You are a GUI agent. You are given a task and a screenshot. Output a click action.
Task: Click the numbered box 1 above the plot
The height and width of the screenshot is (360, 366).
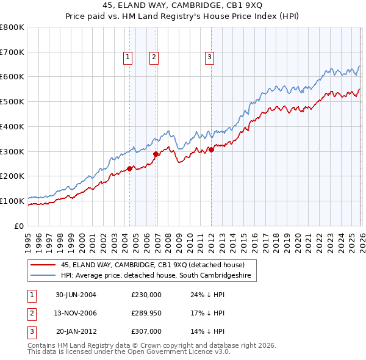coord(128,57)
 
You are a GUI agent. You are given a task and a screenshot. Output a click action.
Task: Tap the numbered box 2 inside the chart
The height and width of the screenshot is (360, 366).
coord(154,57)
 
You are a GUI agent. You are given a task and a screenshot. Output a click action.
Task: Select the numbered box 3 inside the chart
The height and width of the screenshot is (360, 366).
coord(209,57)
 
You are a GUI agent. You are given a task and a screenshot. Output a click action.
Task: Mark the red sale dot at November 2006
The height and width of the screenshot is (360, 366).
coord(156,154)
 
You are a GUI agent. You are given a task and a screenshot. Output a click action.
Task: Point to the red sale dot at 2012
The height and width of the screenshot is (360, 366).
coord(211,149)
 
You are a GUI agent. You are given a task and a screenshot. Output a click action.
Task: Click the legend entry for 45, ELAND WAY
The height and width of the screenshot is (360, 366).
coord(152,265)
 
